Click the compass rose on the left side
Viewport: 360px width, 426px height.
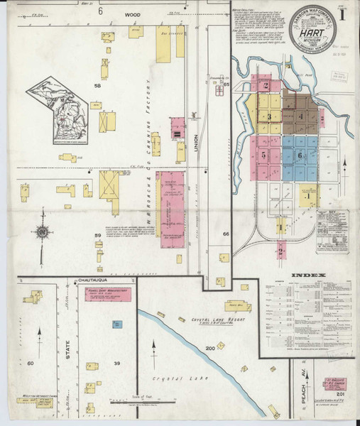[42, 230]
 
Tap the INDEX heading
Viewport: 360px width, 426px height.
[307, 275]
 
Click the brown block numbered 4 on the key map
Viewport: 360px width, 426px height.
[301, 114]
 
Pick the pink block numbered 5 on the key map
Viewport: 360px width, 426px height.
[263, 154]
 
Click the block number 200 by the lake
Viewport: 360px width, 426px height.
[209, 349]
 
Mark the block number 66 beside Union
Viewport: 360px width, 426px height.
[226, 234]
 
